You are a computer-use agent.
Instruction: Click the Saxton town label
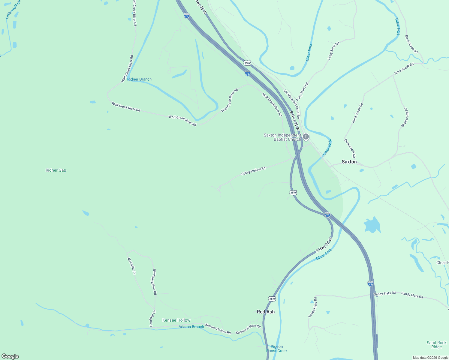tap(349, 162)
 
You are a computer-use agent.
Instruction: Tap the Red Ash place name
tap(266, 312)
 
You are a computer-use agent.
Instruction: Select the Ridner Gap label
tap(56, 170)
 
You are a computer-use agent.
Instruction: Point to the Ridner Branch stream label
tap(139, 79)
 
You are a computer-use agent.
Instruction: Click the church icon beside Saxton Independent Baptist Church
tap(306, 137)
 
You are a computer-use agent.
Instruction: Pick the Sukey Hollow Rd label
tap(253, 171)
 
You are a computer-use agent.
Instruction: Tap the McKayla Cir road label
tap(132, 266)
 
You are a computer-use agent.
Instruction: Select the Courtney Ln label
tap(152, 318)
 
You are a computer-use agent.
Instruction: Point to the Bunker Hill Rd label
tap(405, 117)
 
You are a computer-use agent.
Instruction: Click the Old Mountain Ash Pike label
tap(291, 104)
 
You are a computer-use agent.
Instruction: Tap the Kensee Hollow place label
tap(176, 320)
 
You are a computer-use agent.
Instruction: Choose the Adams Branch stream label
tap(191, 327)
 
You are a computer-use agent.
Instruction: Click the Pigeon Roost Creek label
tap(277, 349)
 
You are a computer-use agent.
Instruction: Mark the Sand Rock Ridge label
tap(436, 345)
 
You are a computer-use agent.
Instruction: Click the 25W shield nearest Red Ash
tap(272, 299)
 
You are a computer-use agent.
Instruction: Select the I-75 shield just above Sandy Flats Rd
tap(370, 283)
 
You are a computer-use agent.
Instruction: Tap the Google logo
tap(10, 356)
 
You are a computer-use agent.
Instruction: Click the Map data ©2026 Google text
tap(430, 358)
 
